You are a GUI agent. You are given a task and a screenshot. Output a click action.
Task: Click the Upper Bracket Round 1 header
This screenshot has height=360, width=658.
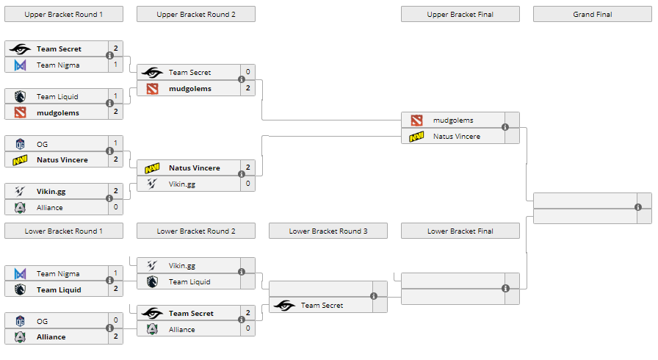(x=64, y=14)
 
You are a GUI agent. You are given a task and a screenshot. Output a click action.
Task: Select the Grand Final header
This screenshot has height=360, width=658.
(x=593, y=14)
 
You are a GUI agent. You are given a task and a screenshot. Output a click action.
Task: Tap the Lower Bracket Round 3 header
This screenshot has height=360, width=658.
(x=328, y=231)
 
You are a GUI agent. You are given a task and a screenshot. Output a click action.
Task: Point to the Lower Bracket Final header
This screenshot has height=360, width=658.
(x=460, y=231)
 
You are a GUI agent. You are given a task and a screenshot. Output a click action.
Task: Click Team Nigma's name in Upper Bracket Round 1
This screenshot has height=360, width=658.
(x=58, y=65)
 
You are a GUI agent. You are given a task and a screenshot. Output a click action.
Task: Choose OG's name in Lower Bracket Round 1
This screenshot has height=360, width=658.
(x=42, y=321)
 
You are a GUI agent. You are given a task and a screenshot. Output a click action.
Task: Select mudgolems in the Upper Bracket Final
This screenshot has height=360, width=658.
(x=453, y=120)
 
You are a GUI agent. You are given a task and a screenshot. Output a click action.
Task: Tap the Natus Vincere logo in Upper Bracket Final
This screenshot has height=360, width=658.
(x=416, y=137)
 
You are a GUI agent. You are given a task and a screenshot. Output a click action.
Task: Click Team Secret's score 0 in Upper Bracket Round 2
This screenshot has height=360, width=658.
(x=248, y=72)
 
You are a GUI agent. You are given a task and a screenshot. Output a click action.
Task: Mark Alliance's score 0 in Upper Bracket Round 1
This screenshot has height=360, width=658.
(x=116, y=208)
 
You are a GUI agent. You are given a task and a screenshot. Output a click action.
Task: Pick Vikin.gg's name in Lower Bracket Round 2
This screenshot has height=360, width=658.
(x=182, y=266)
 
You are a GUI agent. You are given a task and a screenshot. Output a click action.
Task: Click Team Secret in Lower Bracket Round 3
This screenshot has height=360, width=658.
(x=322, y=306)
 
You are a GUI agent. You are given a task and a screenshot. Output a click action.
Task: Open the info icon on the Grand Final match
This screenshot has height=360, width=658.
(x=638, y=208)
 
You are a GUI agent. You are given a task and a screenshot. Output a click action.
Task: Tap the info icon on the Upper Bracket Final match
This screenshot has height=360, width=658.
(x=505, y=128)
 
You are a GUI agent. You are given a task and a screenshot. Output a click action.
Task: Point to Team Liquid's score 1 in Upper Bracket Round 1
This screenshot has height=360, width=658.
(x=116, y=96)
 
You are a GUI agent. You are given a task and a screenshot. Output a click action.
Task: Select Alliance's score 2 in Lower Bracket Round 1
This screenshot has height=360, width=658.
(x=116, y=337)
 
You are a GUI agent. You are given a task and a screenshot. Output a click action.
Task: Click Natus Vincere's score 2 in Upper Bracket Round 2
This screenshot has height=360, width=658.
(x=248, y=168)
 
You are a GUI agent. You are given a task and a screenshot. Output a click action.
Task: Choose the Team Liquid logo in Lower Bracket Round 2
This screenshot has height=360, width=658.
(x=152, y=282)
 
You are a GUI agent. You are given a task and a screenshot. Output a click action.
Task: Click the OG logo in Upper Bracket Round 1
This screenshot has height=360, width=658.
(x=20, y=144)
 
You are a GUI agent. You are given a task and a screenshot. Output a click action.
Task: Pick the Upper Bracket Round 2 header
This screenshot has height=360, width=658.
(x=196, y=14)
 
